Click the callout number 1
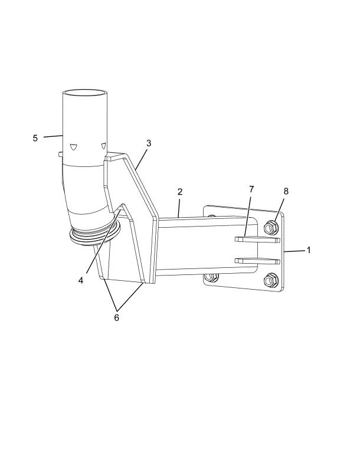309,250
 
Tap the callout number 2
180,192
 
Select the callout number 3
149,143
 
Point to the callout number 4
81,280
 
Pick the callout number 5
35,138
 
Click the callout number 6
117,317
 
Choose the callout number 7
251,189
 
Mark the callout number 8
286,191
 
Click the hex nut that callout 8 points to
271,228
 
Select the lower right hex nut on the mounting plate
271,280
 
